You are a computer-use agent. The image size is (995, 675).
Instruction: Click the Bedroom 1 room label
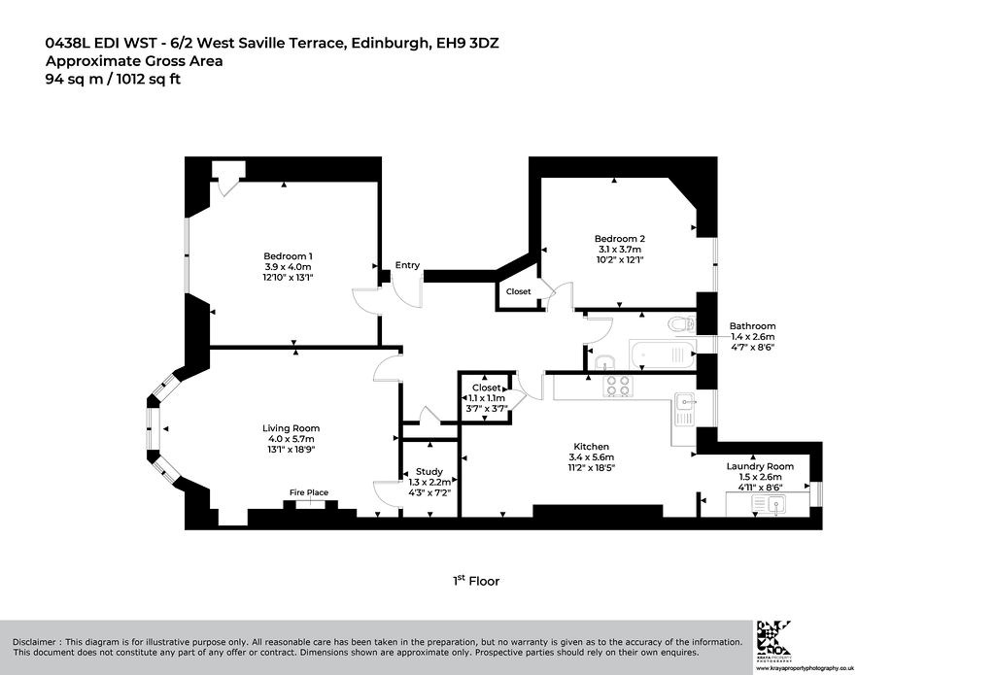point(288,256)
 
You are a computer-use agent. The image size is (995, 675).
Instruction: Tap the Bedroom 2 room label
point(620,239)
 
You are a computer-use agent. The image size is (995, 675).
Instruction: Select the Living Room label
point(292,428)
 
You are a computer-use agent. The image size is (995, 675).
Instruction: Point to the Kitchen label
point(592,447)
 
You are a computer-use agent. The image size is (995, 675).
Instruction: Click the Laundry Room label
point(760,466)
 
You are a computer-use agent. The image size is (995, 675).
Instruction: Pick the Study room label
point(429,471)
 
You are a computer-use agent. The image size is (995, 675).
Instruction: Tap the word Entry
point(407,265)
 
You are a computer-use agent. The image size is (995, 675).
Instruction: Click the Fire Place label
point(309,492)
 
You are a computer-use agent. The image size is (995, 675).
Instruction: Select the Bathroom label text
point(753,326)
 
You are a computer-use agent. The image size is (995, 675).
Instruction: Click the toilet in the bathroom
point(681,324)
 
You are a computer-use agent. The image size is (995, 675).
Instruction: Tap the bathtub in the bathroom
point(663,354)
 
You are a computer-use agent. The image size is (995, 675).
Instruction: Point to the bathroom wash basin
point(604,362)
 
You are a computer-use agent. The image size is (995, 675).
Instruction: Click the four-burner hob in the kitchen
point(618,386)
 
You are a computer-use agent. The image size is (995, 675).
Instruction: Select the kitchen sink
point(685,409)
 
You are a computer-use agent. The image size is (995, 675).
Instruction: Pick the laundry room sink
point(769,504)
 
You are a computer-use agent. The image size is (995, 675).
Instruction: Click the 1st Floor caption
point(476,581)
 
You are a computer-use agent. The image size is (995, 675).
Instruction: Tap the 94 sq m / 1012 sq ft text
point(113,80)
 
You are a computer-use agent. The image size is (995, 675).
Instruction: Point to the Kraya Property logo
point(773,639)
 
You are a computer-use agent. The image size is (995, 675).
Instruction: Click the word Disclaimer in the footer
point(34,642)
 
